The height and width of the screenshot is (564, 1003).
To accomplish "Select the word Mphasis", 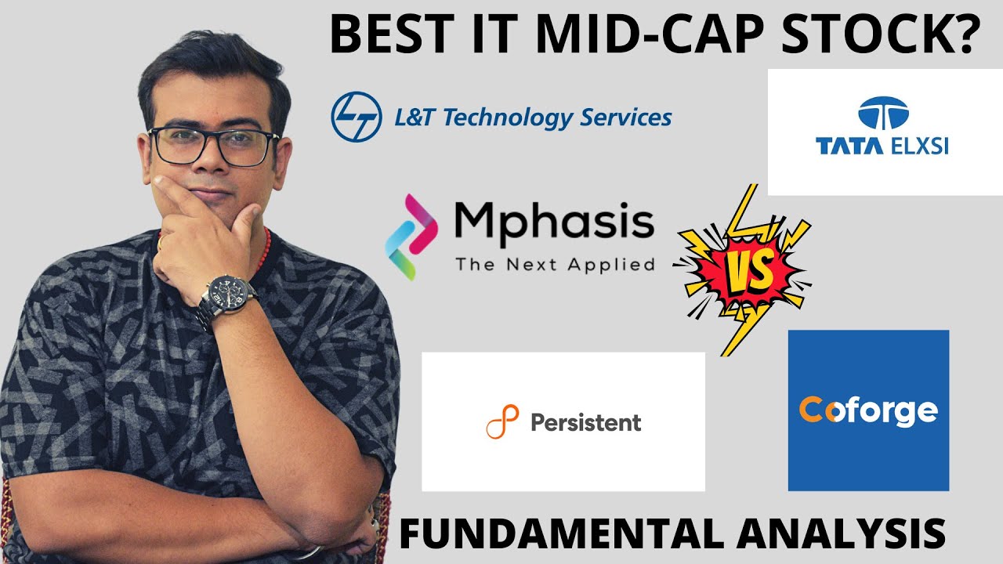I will tap(554, 222).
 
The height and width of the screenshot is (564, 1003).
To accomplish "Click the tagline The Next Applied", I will tap(554, 264).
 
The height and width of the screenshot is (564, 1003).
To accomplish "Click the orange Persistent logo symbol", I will tap(502, 423).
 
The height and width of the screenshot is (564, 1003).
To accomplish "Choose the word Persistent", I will tap(585, 423).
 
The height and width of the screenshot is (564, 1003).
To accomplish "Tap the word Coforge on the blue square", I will tap(867, 410).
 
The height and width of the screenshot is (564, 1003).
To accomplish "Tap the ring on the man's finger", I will tap(161, 244).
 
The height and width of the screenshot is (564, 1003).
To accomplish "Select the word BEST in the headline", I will tap(389, 37).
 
